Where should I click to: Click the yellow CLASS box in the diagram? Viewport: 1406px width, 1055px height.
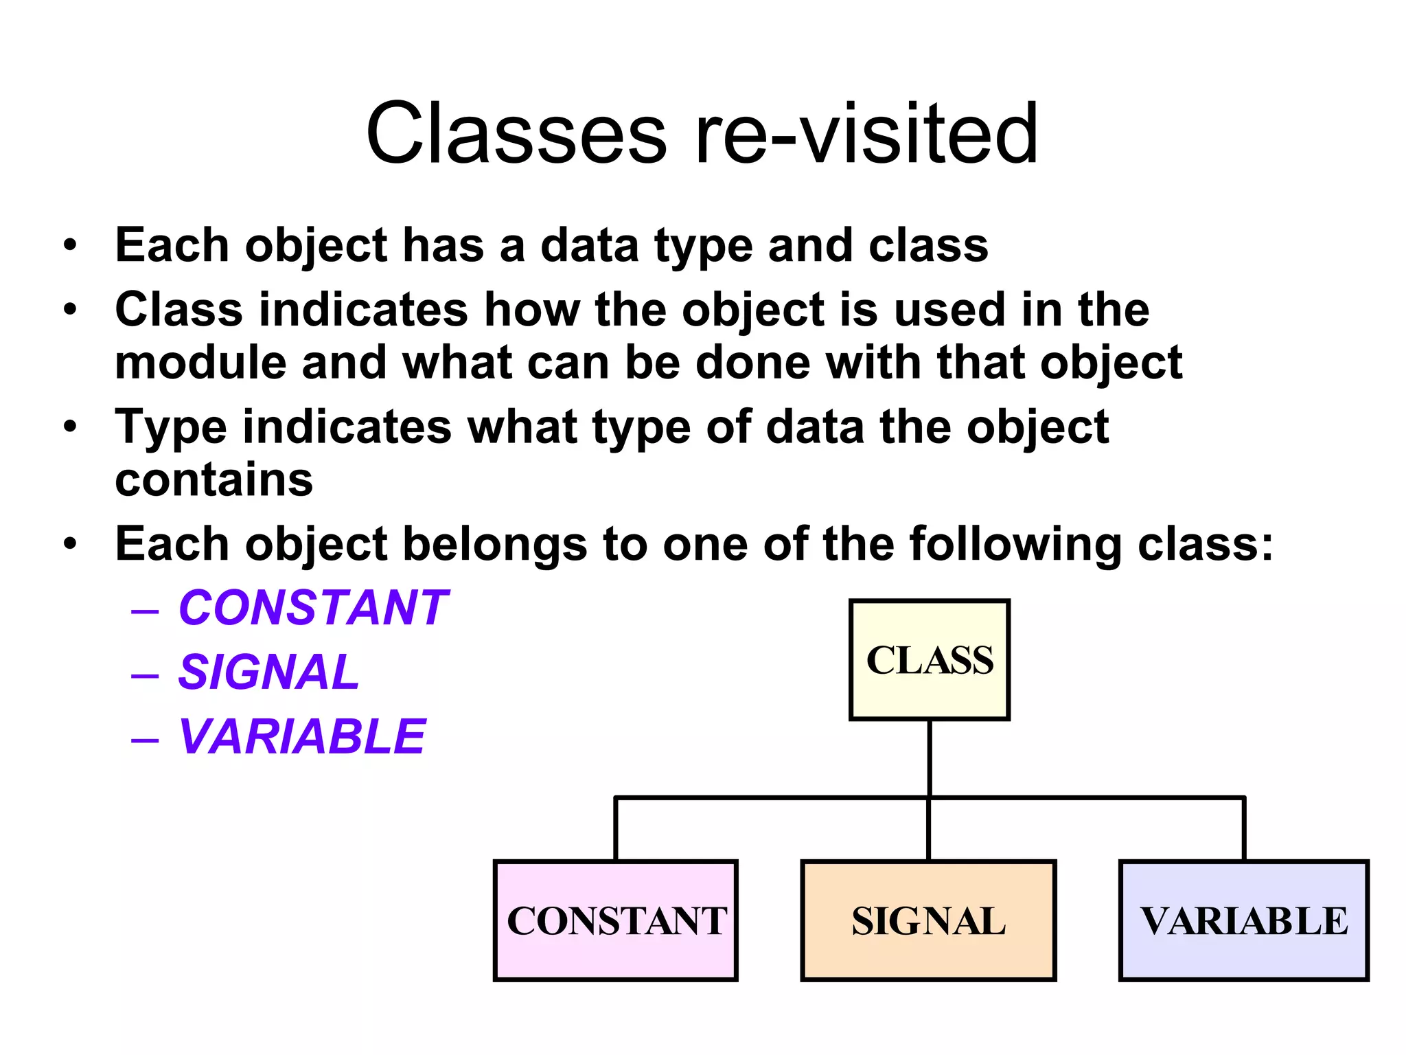[929, 659]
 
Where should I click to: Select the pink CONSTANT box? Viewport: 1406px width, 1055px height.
[615, 920]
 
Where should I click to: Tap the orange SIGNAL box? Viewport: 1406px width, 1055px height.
[928, 920]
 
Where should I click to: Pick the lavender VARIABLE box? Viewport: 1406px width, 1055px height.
[1243, 920]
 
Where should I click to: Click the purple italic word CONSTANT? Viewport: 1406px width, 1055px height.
[312, 608]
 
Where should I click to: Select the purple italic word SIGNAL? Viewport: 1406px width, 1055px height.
[268, 672]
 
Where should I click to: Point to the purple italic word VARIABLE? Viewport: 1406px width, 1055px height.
[302, 736]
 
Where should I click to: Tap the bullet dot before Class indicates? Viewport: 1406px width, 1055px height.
[70, 309]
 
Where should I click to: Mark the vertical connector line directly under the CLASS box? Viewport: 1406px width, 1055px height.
[929, 756]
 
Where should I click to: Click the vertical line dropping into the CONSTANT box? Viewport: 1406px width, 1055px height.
[616, 830]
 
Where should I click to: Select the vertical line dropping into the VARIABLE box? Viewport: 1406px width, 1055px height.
[1244, 830]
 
